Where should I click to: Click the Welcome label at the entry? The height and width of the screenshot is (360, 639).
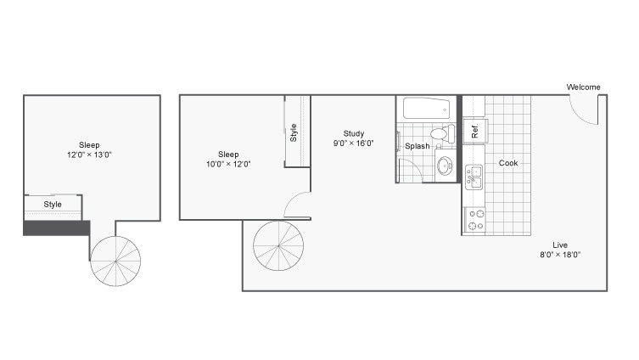tap(583, 87)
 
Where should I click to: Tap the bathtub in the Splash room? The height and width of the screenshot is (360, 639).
tap(426, 109)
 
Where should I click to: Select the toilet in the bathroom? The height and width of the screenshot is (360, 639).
tap(443, 133)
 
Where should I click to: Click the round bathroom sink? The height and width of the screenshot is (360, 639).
tap(444, 166)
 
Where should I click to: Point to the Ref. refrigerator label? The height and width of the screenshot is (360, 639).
tap(474, 131)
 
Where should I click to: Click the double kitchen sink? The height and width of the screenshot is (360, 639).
tap(474, 177)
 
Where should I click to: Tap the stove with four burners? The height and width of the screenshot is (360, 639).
tap(475, 220)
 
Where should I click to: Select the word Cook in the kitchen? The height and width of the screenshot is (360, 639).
tap(508, 163)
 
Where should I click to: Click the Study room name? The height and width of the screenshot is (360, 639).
tap(353, 133)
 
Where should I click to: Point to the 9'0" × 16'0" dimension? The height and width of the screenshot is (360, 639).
tap(353, 143)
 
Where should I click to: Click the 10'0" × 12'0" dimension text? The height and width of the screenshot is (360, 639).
tap(228, 164)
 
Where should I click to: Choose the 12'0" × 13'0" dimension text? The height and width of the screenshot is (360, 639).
tap(89, 155)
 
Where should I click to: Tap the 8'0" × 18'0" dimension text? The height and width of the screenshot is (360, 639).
tap(560, 255)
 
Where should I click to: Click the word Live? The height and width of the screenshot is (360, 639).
tap(560, 245)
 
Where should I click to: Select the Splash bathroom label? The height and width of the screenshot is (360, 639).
tap(417, 146)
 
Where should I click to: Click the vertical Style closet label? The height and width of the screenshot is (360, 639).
tap(294, 133)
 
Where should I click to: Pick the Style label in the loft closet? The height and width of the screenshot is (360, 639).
tap(53, 205)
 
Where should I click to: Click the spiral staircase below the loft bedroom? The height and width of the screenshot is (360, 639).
tap(115, 261)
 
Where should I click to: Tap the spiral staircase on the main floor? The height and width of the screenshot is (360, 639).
tap(278, 246)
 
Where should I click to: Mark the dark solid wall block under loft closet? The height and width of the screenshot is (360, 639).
tap(56, 228)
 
